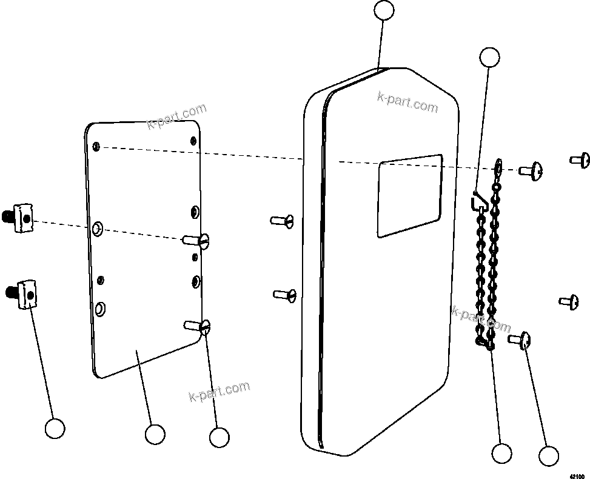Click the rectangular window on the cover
409,195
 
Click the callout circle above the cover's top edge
384,10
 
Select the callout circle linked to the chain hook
489,57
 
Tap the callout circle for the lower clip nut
55,428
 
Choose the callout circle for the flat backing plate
155,434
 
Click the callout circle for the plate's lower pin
219,437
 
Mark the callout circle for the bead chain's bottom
502,453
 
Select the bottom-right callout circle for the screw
549,456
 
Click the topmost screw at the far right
580,161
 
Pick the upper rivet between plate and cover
283,220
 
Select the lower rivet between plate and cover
284,295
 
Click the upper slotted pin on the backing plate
198,241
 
